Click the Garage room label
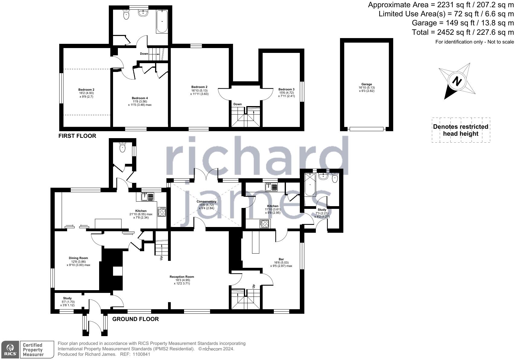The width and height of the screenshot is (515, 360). [x=366, y=85]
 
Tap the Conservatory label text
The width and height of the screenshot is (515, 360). [x=206, y=202]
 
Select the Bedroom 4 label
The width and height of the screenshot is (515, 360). [x=140, y=98]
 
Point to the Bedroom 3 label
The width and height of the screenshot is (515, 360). [x=286, y=89]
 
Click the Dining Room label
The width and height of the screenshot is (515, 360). [x=78, y=258]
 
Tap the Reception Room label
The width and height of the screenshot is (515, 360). [x=182, y=277]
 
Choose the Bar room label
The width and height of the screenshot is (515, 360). [x=281, y=259]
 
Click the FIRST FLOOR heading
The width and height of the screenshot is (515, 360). [x=77, y=136]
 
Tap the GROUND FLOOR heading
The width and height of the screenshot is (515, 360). [x=135, y=319]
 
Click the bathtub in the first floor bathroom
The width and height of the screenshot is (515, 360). [x=162, y=21]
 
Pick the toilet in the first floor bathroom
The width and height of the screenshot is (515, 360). [x=126, y=15]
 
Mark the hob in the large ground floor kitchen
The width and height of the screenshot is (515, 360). [x=162, y=212]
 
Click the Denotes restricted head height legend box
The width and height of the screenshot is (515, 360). [x=461, y=130]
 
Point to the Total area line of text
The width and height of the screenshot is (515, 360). [x=463, y=32]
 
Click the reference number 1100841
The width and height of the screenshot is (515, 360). [x=141, y=354]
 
